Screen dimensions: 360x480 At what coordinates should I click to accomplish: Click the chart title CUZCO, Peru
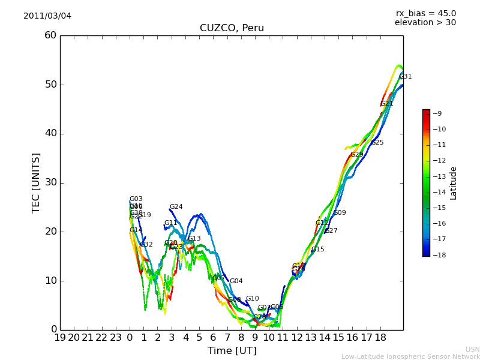click(232, 28)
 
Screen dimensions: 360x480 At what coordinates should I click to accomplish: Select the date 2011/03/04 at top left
click(47, 16)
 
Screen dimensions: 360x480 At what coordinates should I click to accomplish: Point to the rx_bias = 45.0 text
click(425, 13)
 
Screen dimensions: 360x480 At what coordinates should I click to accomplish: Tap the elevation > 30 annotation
click(425, 23)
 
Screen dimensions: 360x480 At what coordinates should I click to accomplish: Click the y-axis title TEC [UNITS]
click(37, 182)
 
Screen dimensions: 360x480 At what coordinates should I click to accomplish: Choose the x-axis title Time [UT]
click(232, 351)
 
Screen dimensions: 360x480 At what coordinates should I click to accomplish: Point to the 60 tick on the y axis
click(50, 35)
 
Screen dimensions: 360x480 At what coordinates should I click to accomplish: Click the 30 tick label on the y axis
click(50, 182)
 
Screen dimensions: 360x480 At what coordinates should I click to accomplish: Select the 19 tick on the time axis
click(60, 338)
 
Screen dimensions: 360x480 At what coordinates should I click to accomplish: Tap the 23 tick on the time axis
click(116, 338)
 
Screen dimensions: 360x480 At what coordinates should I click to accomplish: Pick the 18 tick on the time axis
click(380, 338)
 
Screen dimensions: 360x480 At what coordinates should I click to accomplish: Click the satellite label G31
click(406, 77)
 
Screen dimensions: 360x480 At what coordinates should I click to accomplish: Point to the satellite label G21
click(387, 104)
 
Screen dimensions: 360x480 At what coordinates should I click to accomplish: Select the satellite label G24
click(176, 207)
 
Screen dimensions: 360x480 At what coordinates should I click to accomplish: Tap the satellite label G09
click(340, 213)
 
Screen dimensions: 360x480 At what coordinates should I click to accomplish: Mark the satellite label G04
click(236, 281)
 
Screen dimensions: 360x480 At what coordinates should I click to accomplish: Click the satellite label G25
click(377, 143)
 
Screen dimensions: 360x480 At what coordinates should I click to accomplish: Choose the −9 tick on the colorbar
click(437, 113)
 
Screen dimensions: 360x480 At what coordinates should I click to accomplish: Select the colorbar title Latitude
click(454, 182)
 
